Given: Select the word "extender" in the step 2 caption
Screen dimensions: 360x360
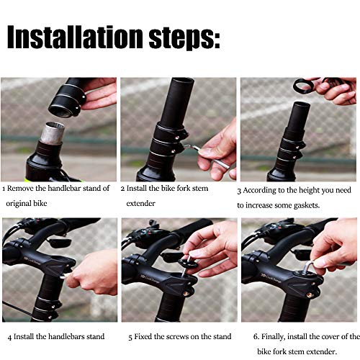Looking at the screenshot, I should pyautogui.click(x=140, y=204).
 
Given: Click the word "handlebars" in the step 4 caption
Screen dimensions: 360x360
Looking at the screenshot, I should pyautogui.click(x=66, y=336).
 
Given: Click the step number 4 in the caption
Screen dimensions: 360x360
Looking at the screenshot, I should pyautogui.click(x=9, y=336).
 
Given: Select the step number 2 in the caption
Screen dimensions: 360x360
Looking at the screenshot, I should pyautogui.click(x=122, y=189).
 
